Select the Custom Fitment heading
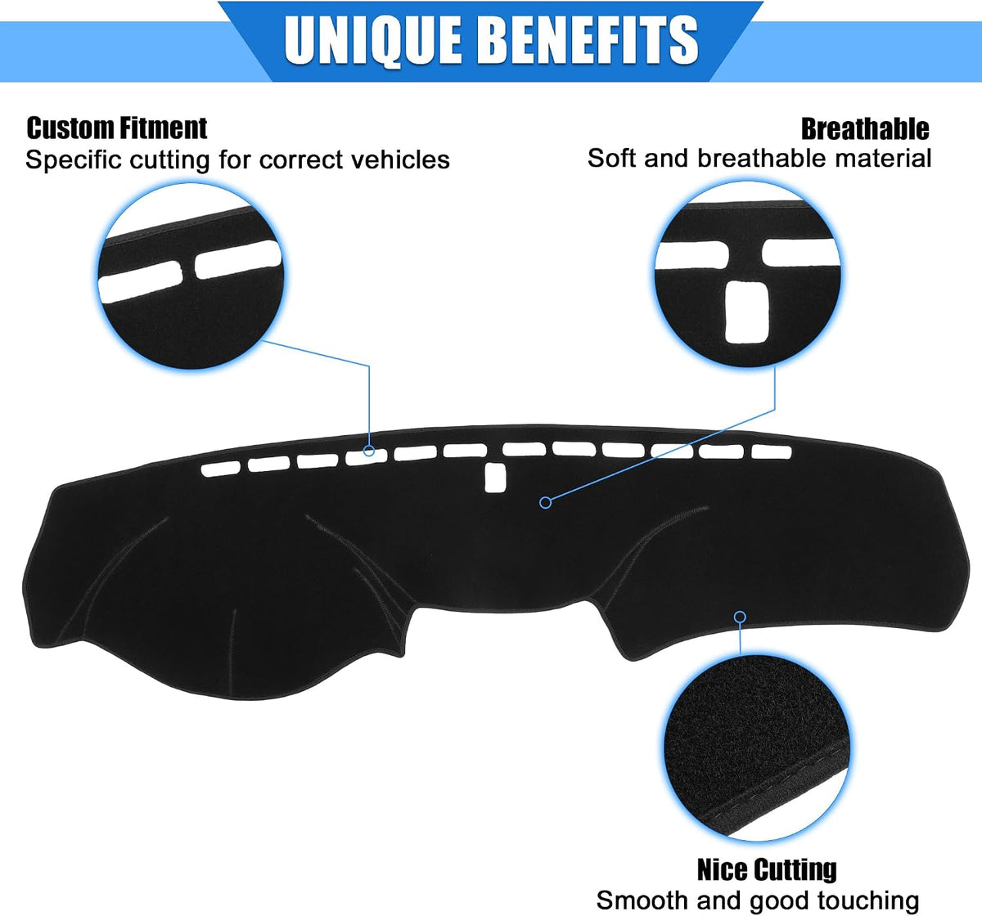[x=117, y=128]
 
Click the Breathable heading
[x=865, y=129]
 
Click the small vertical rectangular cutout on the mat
[x=495, y=478]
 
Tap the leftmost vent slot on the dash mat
[x=220, y=469]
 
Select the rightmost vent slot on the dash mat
[x=772, y=451]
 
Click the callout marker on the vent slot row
[x=368, y=451]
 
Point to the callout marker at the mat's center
[x=545, y=503]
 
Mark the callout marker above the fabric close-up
[x=740, y=617]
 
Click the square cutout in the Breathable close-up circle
[x=746, y=312]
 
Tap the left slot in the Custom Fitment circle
[x=141, y=281]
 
